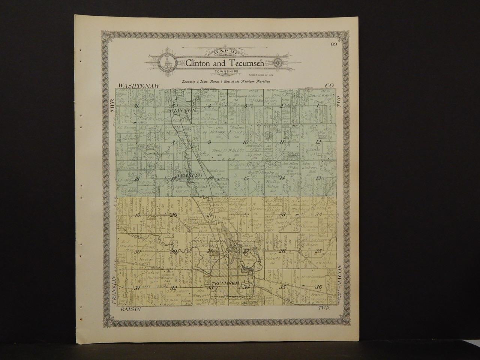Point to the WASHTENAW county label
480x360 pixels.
coord(139,87)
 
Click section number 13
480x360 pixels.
coord(319,178)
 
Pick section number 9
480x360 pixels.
coord(209,142)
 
